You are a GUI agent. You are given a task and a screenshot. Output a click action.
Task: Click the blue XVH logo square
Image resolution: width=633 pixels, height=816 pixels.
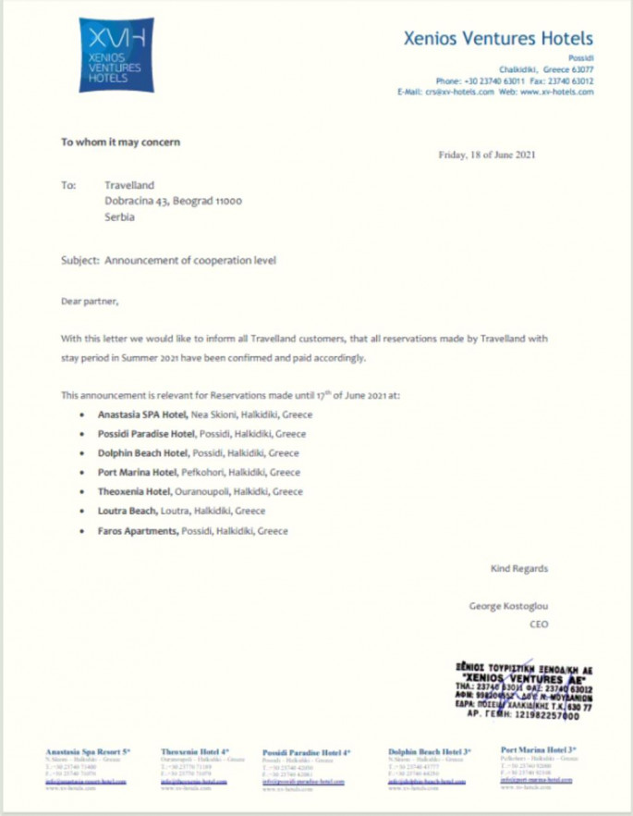[116, 55]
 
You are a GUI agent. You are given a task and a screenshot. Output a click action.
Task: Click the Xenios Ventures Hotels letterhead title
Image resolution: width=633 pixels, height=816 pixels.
[498, 39]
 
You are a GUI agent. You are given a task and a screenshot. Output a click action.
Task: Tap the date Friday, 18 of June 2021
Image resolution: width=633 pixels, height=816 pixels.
[486, 155]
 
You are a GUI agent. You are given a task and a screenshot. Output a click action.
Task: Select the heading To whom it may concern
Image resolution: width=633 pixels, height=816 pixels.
[121, 142]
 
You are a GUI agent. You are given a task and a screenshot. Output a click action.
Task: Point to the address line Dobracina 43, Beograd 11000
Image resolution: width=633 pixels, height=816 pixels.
[173, 201]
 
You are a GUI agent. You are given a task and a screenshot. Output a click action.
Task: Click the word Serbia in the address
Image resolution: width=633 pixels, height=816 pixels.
[120, 217]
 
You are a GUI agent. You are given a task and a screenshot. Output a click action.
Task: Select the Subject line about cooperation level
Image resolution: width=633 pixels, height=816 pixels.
[168, 261]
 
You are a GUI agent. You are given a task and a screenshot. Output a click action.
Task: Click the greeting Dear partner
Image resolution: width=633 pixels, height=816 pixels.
[90, 301]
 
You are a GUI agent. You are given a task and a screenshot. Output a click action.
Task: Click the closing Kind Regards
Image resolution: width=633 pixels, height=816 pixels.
[518, 569]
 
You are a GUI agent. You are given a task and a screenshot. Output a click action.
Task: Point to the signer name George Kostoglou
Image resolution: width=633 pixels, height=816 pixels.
[508, 607]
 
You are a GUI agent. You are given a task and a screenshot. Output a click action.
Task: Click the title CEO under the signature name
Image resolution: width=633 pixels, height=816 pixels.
[538, 624]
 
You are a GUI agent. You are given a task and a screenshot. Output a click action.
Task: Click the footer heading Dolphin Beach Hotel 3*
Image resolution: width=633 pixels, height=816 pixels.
[430, 752]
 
